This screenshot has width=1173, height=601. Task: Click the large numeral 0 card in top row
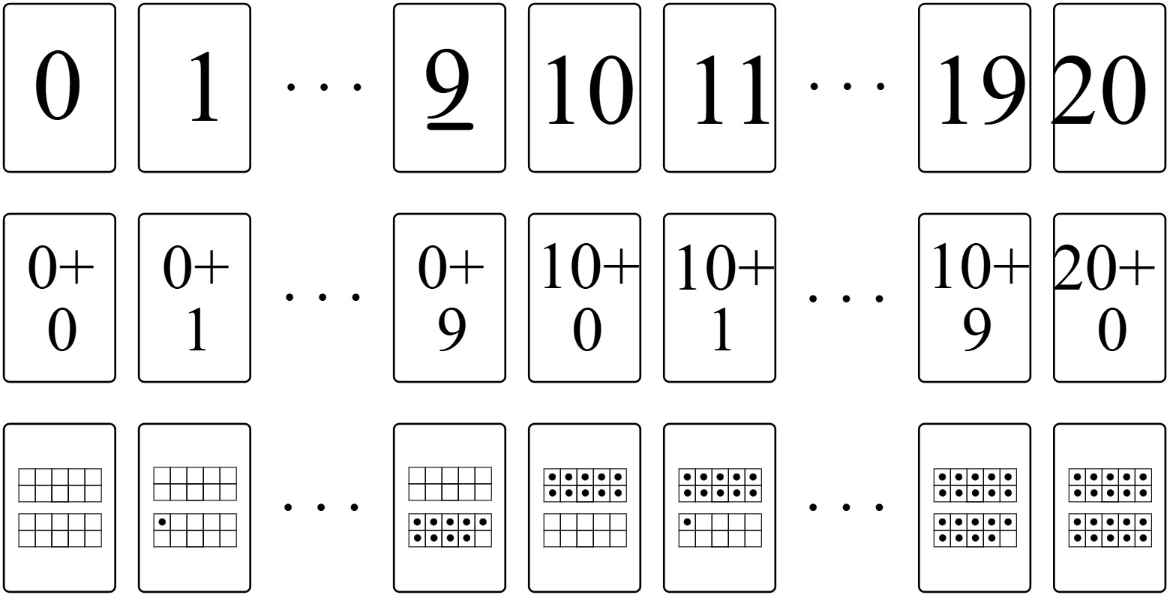[x=59, y=88]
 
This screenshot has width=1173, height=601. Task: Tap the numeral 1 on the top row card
[x=204, y=88]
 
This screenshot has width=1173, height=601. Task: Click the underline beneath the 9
[x=450, y=126]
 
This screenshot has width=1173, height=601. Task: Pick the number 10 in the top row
[x=589, y=90]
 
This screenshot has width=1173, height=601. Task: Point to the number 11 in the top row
[x=731, y=90]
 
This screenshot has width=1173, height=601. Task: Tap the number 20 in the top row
[x=1099, y=90]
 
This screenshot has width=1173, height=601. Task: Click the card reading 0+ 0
[x=59, y=298]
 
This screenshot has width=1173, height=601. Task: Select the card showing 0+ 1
[x=194, y=298]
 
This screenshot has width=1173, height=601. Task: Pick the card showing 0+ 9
[x=449, y=298]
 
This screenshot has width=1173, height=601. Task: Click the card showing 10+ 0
[x=584, y=298]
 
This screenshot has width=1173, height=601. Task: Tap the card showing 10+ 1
[x=719, y=298]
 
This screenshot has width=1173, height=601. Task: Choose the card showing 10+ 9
[x=974, y=298]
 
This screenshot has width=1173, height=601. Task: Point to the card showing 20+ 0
[x=1110, y=298]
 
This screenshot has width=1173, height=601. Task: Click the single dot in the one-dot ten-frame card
[x=162, y=522]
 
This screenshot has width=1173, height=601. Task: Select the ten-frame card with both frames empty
[x=59, y=508]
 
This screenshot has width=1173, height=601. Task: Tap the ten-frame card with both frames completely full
[x=1110, y=508]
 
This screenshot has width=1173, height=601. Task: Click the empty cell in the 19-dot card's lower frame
[x=1008, y=538]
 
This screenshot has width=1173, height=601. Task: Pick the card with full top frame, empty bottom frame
[x=584, y=508]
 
